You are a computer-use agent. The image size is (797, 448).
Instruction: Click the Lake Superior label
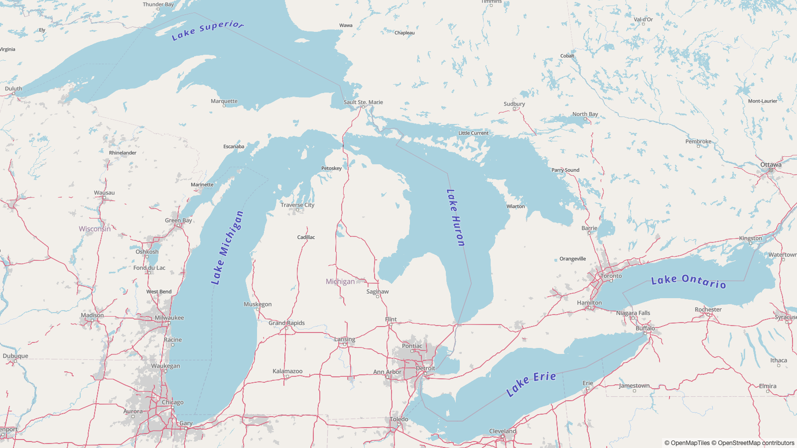pyautogui.click(x=207, y=30)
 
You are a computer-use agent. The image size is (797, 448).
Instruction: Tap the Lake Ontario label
pyautogui.click(x=688, y=281)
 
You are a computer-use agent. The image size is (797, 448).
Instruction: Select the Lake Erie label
pyautogui.click(x=531, y=383)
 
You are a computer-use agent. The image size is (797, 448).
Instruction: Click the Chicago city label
pyautogui.click(x=172, y=402)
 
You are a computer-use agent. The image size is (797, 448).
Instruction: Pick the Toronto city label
pyautogui.click(x=611, y=276)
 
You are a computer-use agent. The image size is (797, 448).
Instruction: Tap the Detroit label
pyautogui.click(x=425, y=368)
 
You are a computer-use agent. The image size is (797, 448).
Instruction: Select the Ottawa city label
pyautogui.click(x=771, y=165)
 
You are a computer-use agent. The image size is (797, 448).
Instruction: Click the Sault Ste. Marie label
pyautogui.click(x=363, y=102)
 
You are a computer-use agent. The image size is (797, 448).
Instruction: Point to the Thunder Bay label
pyautogui.click(x=158, y=4)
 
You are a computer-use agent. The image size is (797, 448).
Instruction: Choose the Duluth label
pyautogui.click(x=13, y=89)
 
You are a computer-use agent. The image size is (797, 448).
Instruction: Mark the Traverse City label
pyautogui.click(x=297, y=205)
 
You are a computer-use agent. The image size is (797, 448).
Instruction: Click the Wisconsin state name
pyautogui.click(x=95, y=229)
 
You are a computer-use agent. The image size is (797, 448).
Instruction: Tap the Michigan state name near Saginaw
pyautogui.click(x=340, y=281)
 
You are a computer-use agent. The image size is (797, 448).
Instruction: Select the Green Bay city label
pyautogui.click(x=178, y=220)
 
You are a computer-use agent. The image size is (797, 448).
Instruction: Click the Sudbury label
pyautogui.click(x=514, y=104)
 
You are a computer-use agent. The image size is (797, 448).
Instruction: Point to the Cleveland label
pyautogui.click(x=503, y=431)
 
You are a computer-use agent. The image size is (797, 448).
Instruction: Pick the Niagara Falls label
pyautogui.click(x=633, y=313)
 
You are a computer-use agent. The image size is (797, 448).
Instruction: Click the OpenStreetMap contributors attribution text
pyautogui.click(x=756, y=443)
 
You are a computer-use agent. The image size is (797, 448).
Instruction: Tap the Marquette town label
pyautogui.click(x=224, y=101)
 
